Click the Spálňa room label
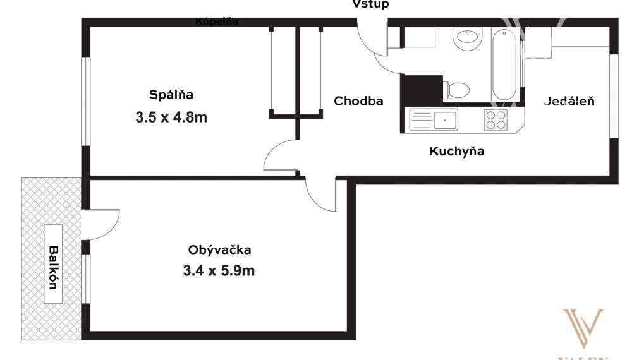[x=171, y=95]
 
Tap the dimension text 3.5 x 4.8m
[x=171, y=117]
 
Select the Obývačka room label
[x=219, y=249]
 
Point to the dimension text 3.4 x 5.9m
[x=219, y=272]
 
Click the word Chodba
[x=358, y=101]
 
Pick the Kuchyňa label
[x=457, y=152]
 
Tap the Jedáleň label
[x=569, y=101]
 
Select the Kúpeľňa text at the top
[x=217, y=21]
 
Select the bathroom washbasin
[x=467, y=40]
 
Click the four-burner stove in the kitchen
[x=496, y=119]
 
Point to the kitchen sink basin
[x=446, y=119]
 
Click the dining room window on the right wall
[x=614, y=95]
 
